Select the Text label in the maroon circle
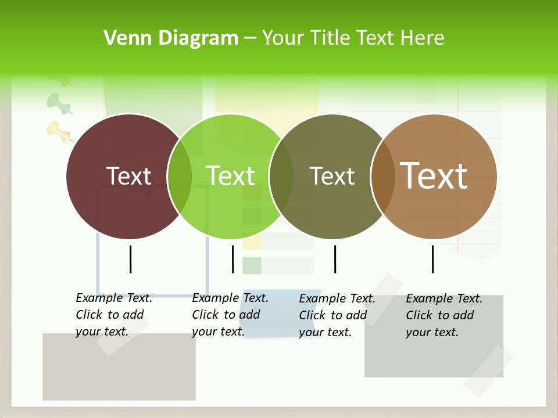click(x=128, y=176)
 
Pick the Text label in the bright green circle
click(x=230, y=176)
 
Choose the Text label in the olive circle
click(x=332, y=176)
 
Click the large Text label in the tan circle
click(x=434, y=175)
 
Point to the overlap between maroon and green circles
click(x=180, y=176)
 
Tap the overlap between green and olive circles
click(x=281, y=176)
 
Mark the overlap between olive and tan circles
click(x=383, y=176)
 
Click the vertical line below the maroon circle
click(x=130, y=259)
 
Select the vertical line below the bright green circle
click(x=233, y=259)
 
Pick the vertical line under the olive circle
click(x=335, y=259)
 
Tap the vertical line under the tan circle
click(x=432, y=259)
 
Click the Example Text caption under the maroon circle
click(x=113, y=315)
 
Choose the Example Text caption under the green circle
click(x=230, y=315)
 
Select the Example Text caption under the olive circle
click(x=337, y=315)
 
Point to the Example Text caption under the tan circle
click(x=443, y=315)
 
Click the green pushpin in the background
click(x=58, y=102)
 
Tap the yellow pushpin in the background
click(x=58, y=130)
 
